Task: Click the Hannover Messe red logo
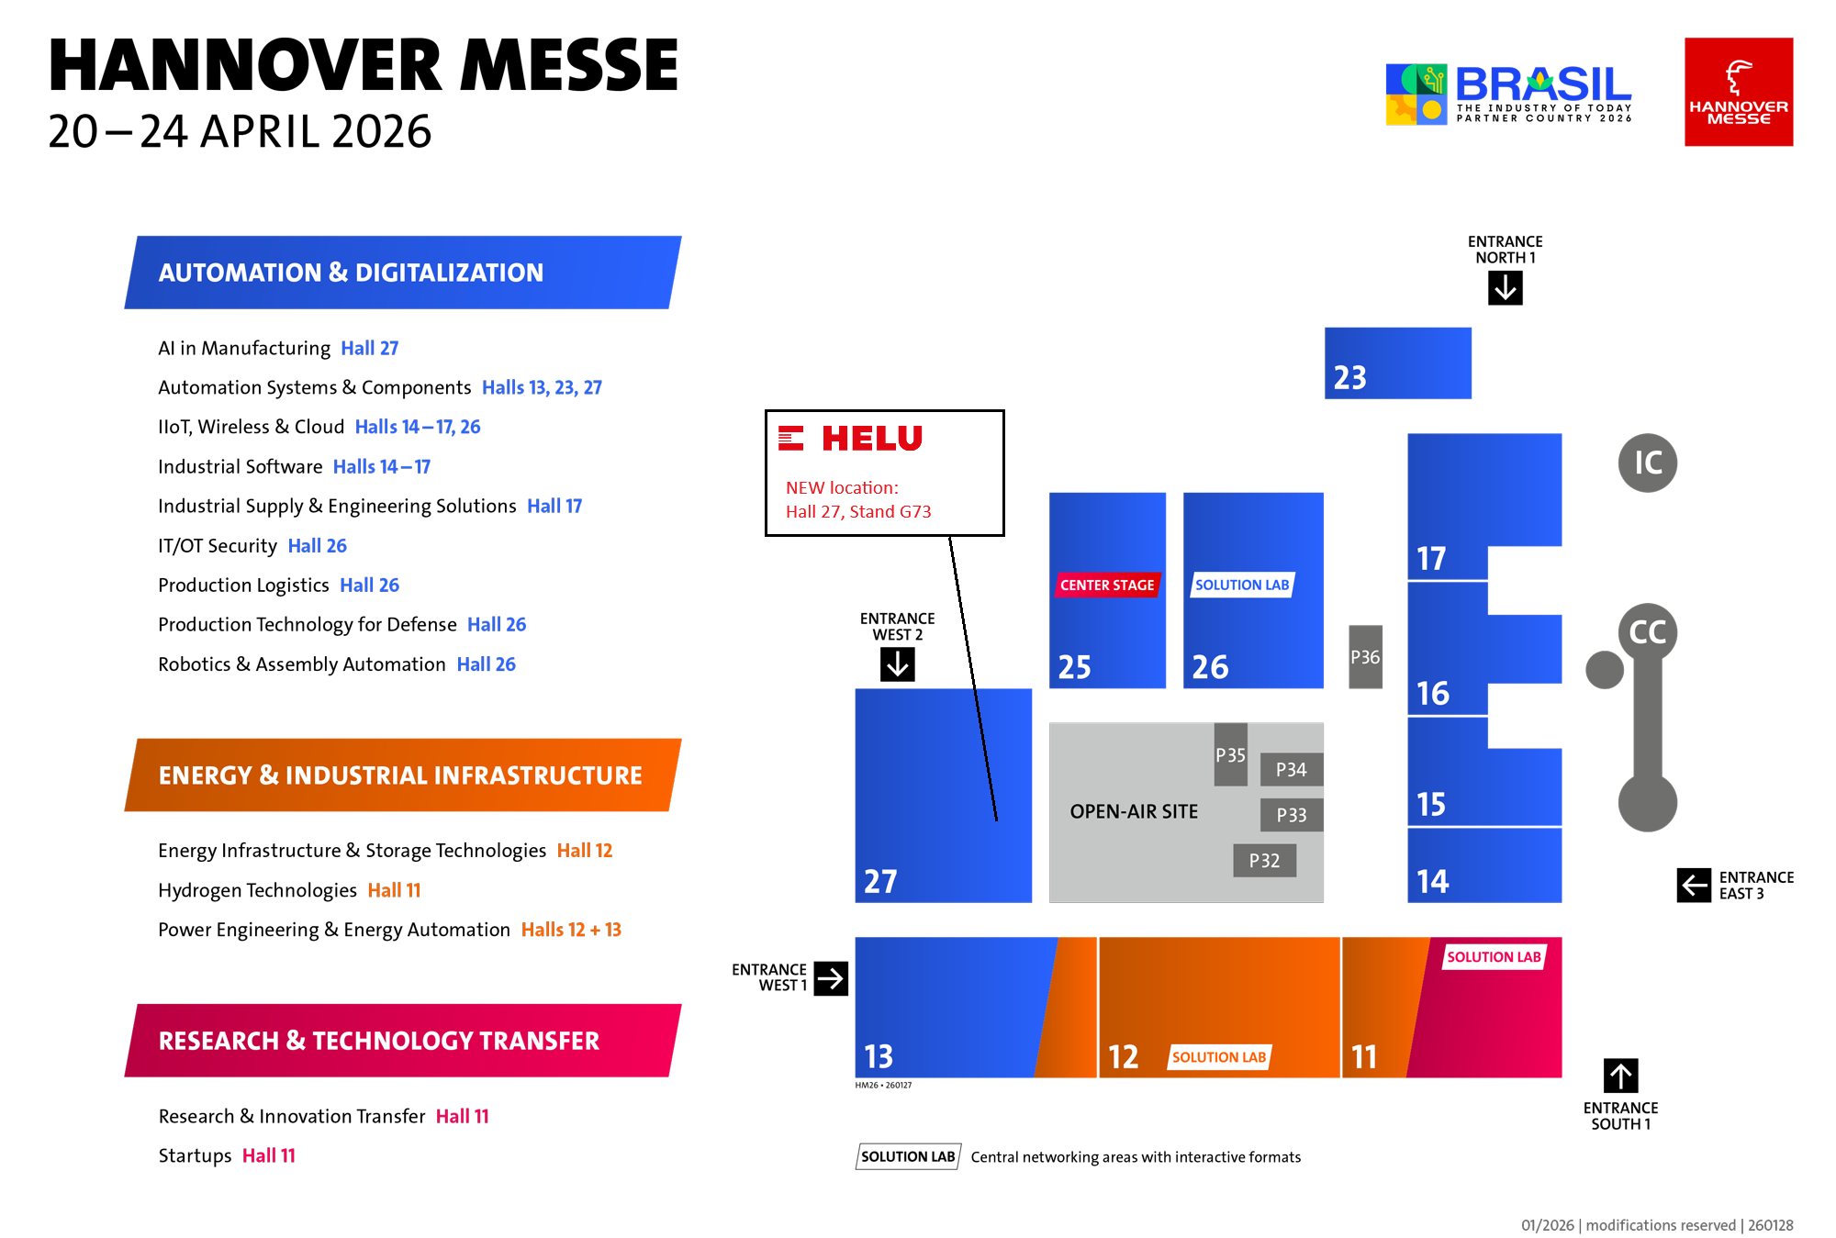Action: point(1739,92)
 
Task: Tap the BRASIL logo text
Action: point(1542,85)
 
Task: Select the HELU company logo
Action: point(852,438)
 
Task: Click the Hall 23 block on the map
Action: point(1397,362)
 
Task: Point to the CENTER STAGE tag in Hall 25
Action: point(1107,585)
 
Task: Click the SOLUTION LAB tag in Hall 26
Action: point(1242,585)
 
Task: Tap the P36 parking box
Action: point(1365,657)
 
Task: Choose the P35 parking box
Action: point(1230,755)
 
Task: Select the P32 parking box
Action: point(1264,861)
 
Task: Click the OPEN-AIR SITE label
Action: point(1134,811)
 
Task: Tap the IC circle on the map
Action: point(1648,463)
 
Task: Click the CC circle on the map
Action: point(1648,632)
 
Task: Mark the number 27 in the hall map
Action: point(880,881)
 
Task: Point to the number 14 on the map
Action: point(1433,881)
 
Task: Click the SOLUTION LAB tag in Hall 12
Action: point(1219,1057)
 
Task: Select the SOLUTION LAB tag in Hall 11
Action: point(1494,957)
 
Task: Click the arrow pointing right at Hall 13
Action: point(830,978)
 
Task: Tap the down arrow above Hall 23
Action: point(1506,288)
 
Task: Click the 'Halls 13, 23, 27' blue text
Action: point(542,387)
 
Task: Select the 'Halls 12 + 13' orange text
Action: point(571,930)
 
